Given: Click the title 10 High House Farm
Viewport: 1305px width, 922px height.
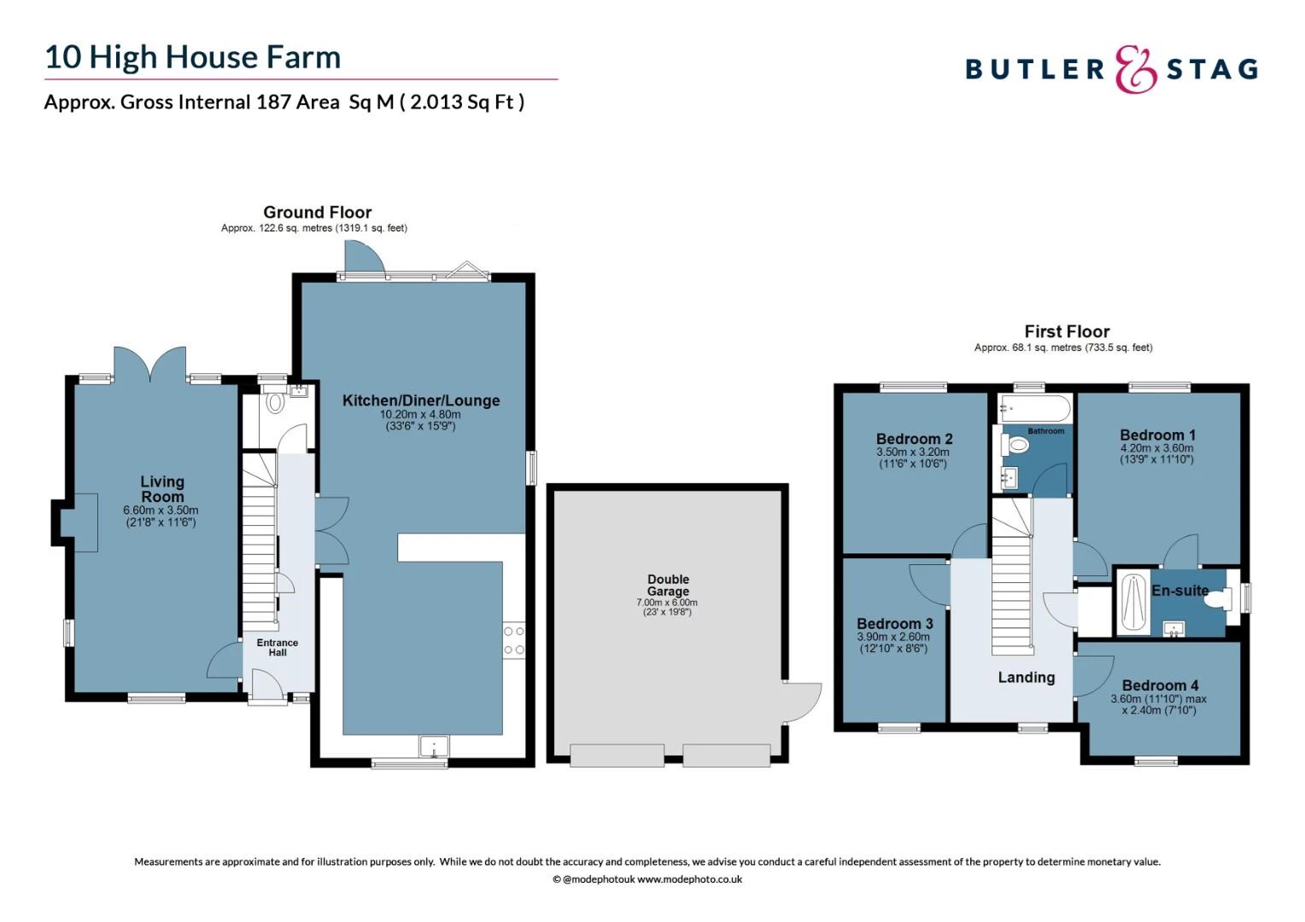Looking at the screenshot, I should tap(192, 57).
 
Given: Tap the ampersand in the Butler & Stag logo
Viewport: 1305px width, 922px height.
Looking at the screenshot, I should tap(1136, 69).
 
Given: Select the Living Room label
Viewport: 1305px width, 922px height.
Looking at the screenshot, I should tap(162, 489).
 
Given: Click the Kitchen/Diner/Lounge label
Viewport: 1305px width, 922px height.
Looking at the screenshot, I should tap(421, 400).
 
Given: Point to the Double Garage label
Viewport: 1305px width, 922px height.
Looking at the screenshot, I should tap(668, 585).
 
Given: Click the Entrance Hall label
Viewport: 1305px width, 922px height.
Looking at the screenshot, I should tap(278, 647).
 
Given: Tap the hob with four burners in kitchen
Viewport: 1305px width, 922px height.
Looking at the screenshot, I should tap(513, 640).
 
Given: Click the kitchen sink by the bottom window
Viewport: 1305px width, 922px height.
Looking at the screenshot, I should tap(434, 746).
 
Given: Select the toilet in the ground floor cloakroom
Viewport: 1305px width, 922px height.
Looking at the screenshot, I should tap(275, 401).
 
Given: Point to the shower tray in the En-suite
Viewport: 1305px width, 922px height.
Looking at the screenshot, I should tap(1133, 603).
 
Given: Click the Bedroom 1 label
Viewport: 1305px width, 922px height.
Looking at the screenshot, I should tap(1157, 435).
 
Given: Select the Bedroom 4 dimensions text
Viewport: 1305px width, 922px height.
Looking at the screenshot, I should tap(1158, 704).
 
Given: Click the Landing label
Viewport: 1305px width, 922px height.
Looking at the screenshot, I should tap(1026, 677).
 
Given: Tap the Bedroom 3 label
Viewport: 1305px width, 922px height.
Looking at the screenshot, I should tap(894, 623).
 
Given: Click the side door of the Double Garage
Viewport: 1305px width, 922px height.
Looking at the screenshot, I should tap(803, 703).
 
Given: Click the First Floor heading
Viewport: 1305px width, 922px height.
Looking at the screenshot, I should tap(1067, 331).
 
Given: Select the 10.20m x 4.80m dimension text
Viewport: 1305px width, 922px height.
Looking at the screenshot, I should tap(420, 414).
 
